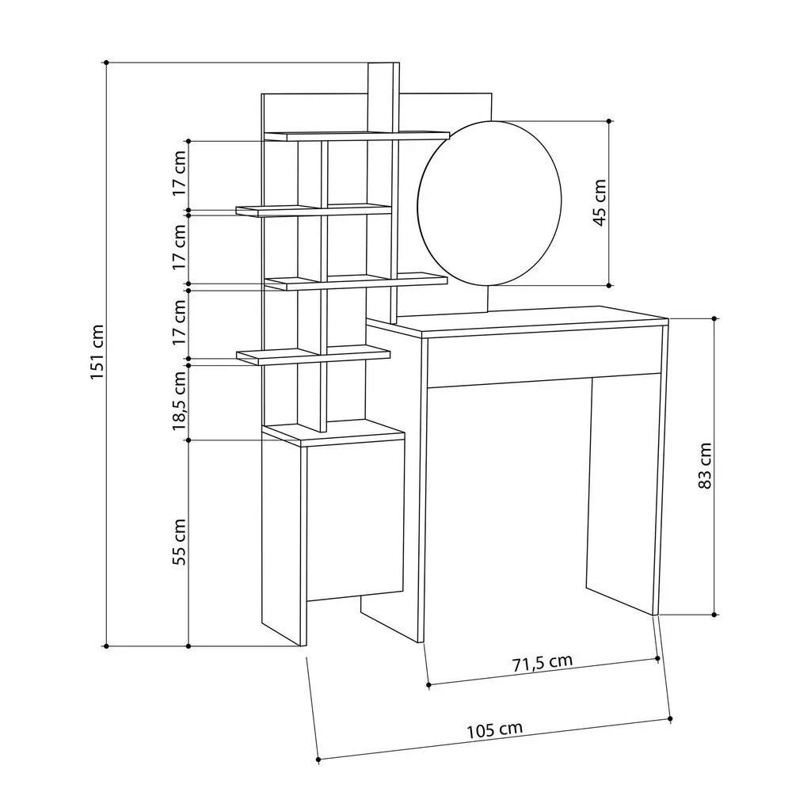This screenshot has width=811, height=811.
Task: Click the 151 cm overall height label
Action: (x=97, y=352)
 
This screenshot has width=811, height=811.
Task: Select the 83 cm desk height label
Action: (x=705, y=466)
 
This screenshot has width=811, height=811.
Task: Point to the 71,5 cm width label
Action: (x=543, y=663)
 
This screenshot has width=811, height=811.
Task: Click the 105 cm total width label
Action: (x=495, y=729)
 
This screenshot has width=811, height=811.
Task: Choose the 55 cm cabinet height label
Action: (x=179, y=542)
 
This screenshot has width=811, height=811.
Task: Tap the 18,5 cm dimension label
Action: (x=179, y=401)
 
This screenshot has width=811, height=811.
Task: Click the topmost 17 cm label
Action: (x=179, y=173)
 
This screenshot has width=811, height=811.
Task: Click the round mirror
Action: (x=489, y=204)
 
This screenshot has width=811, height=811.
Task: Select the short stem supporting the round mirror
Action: (x=489, y=299)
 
